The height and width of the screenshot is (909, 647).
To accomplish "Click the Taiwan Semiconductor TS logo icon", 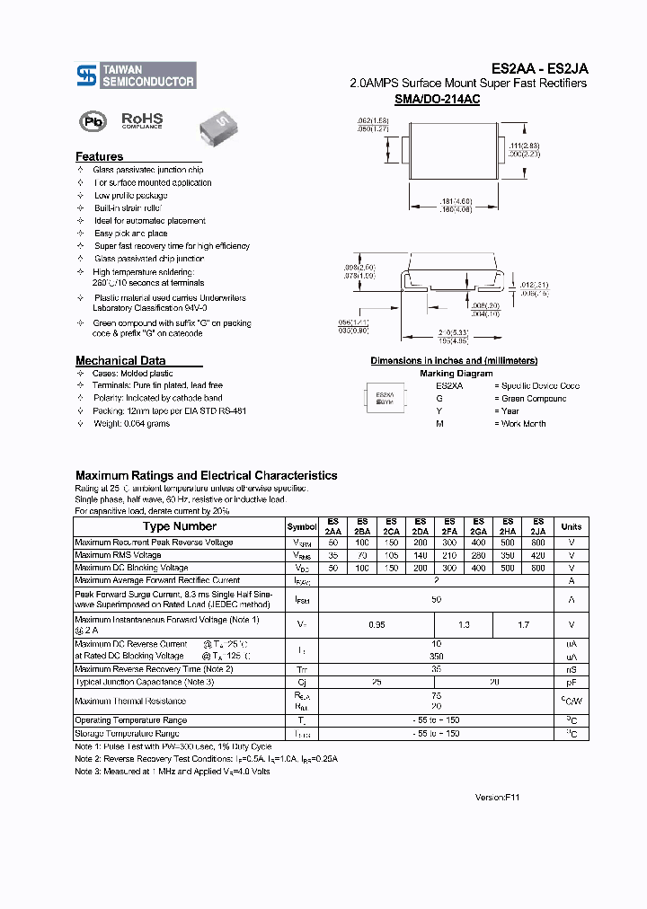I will (85, 75).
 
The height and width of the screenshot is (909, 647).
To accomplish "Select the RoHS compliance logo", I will (142, 120).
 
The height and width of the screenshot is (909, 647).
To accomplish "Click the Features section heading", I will (99, 156).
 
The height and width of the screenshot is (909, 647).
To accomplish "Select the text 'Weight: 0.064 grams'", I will (131, 423).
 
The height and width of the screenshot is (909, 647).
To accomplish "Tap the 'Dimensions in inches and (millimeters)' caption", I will (454, 360).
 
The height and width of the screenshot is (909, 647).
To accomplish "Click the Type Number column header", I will (180, 526).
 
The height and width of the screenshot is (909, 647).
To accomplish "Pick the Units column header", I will (571, 526).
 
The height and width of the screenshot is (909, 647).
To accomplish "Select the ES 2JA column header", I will (537, 526).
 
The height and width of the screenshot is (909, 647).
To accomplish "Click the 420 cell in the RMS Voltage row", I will (537, 555).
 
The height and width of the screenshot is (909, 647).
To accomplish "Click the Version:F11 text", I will (497, 797).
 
